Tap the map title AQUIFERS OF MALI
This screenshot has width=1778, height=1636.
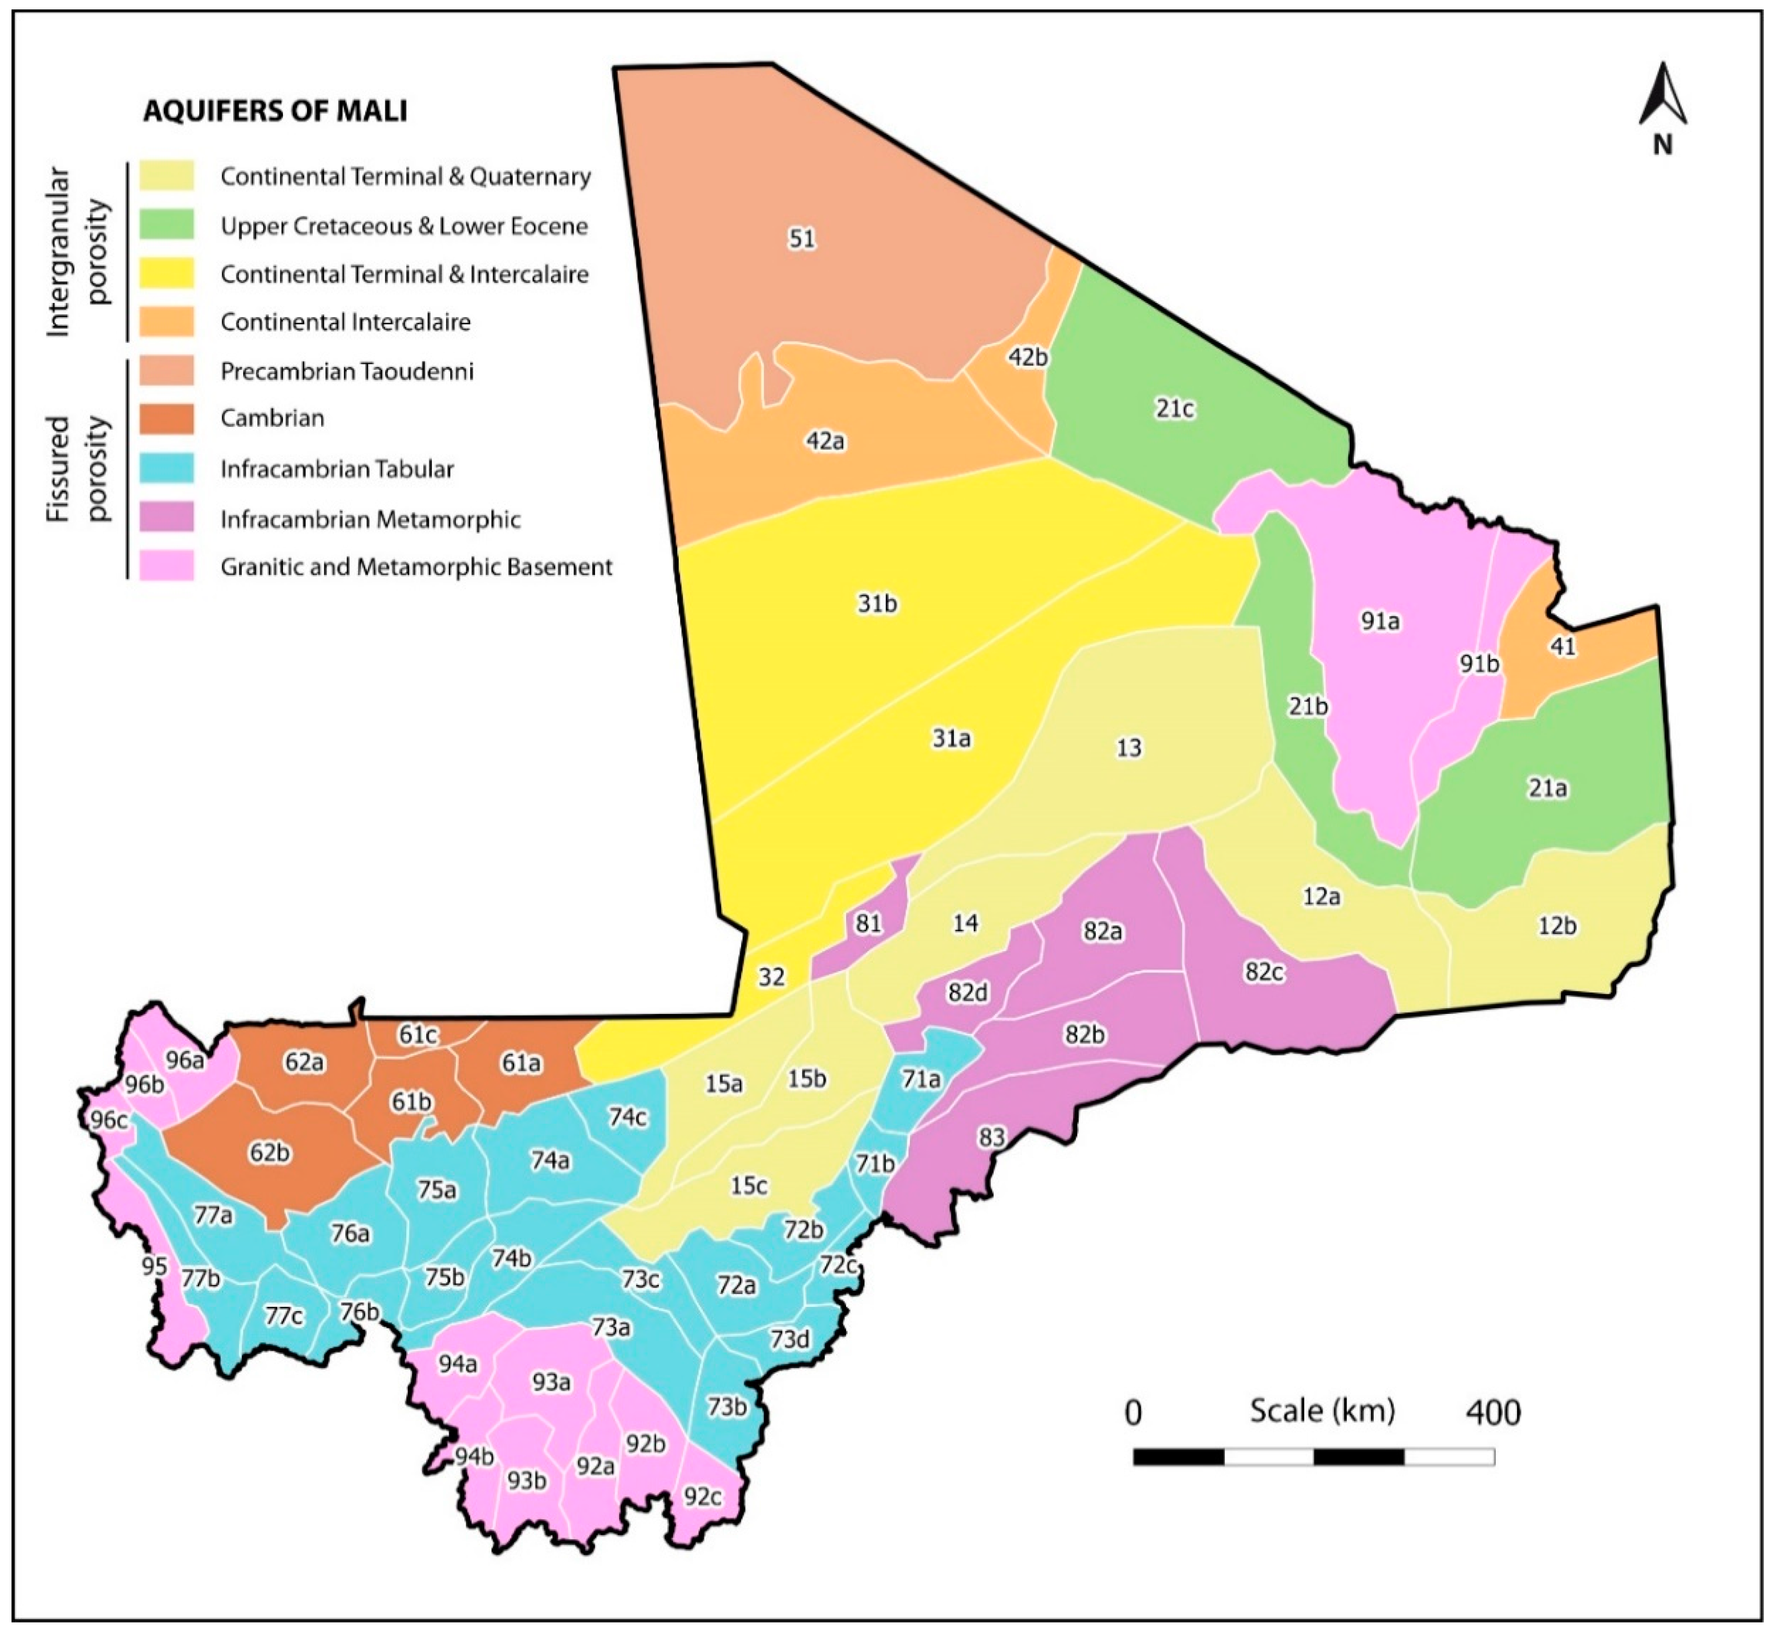(x=275, y=111)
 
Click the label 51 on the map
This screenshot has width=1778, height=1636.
(x=802, y=239)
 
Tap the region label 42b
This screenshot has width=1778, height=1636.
(x=1028, y=358)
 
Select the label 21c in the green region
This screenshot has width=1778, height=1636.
(x=1175, y=409)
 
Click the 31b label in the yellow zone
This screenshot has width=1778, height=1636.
(x=877, y=604)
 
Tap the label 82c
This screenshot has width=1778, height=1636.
(x=1264, y=972)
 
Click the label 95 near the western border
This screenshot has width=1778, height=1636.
(x=154, y=1267)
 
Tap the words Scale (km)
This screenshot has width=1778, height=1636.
(x=1321, y=1411)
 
